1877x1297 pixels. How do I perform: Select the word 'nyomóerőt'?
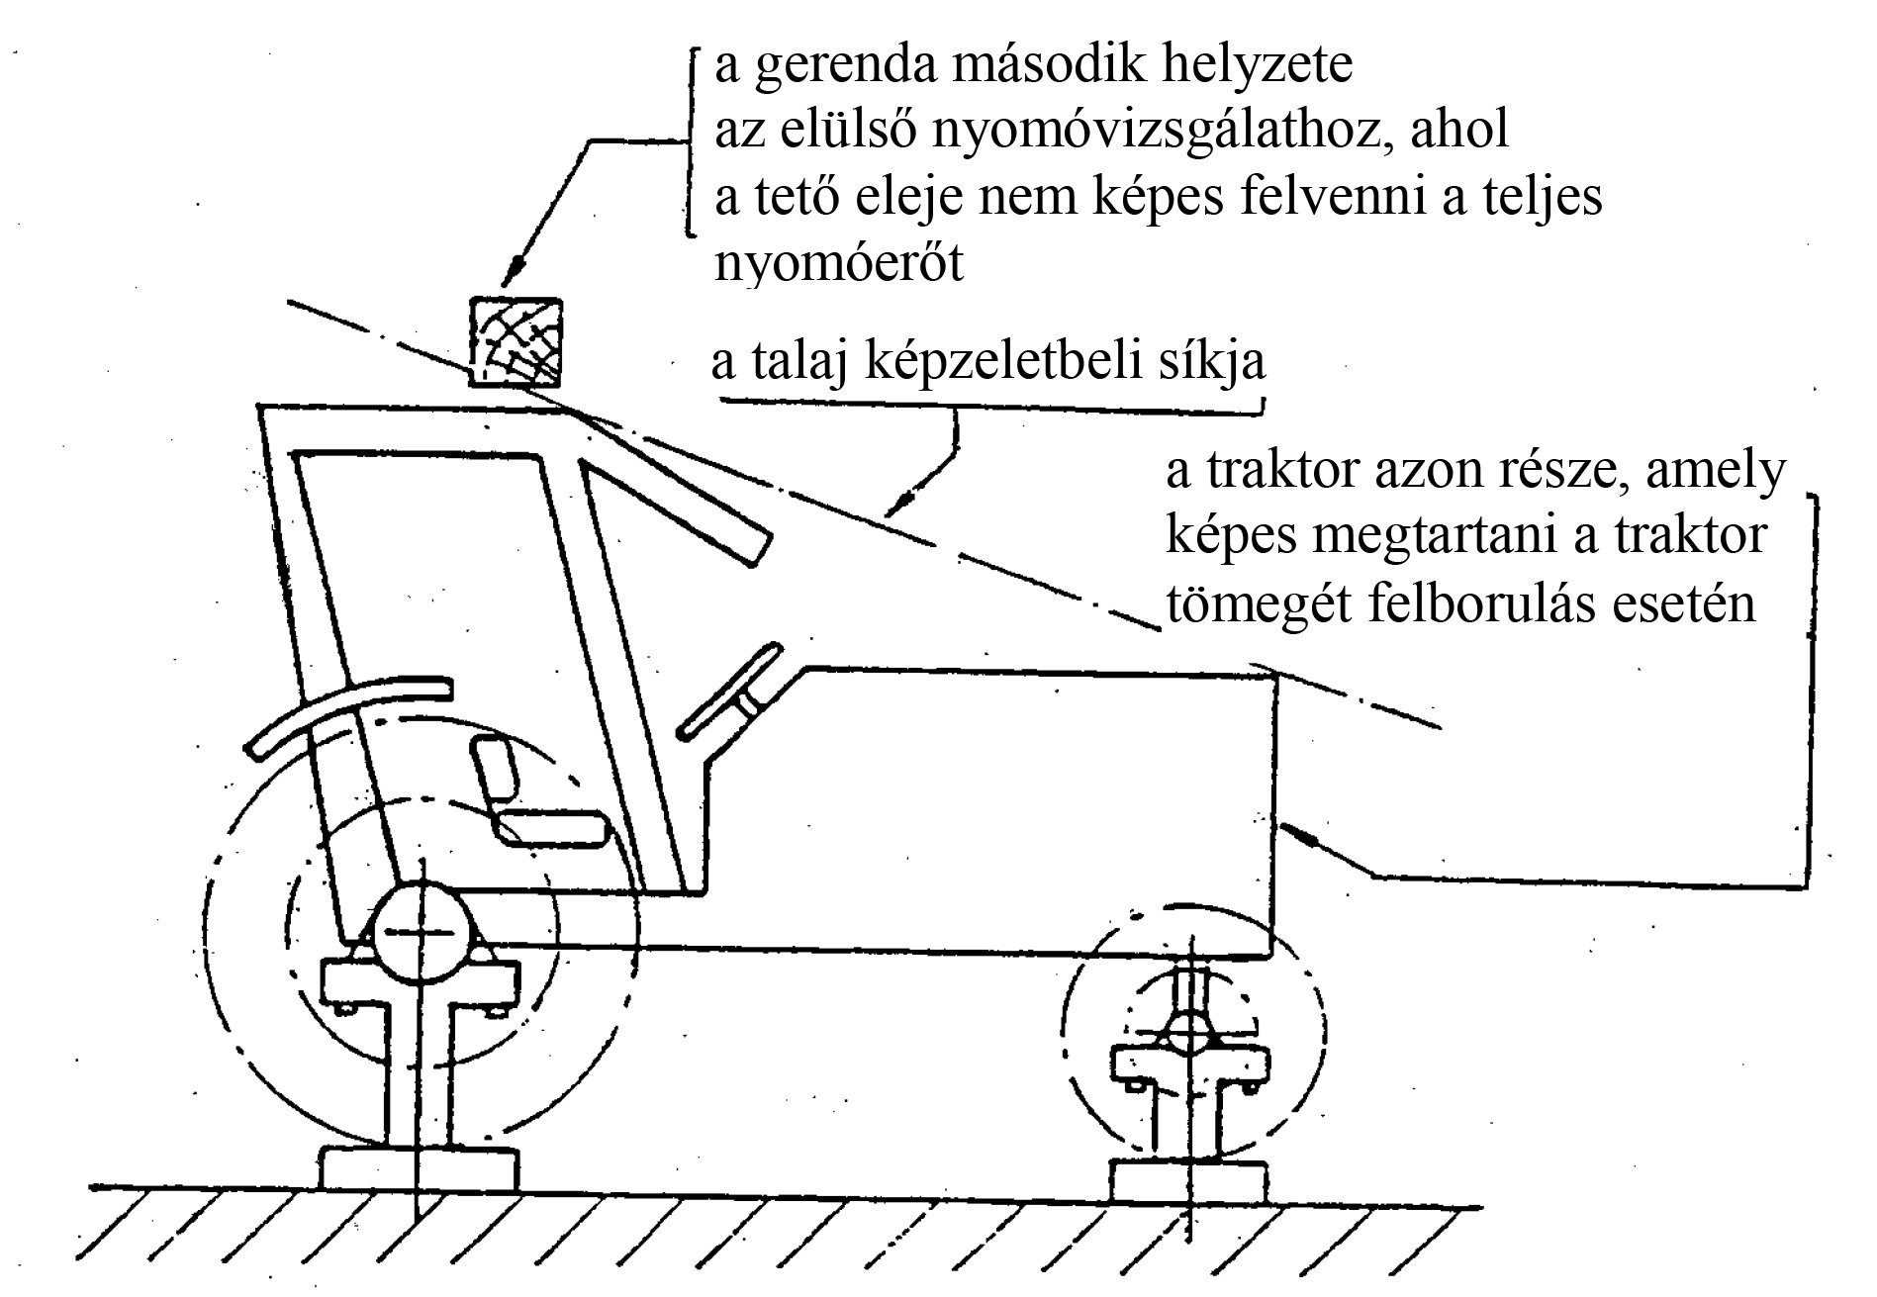(x=838, y=264)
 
